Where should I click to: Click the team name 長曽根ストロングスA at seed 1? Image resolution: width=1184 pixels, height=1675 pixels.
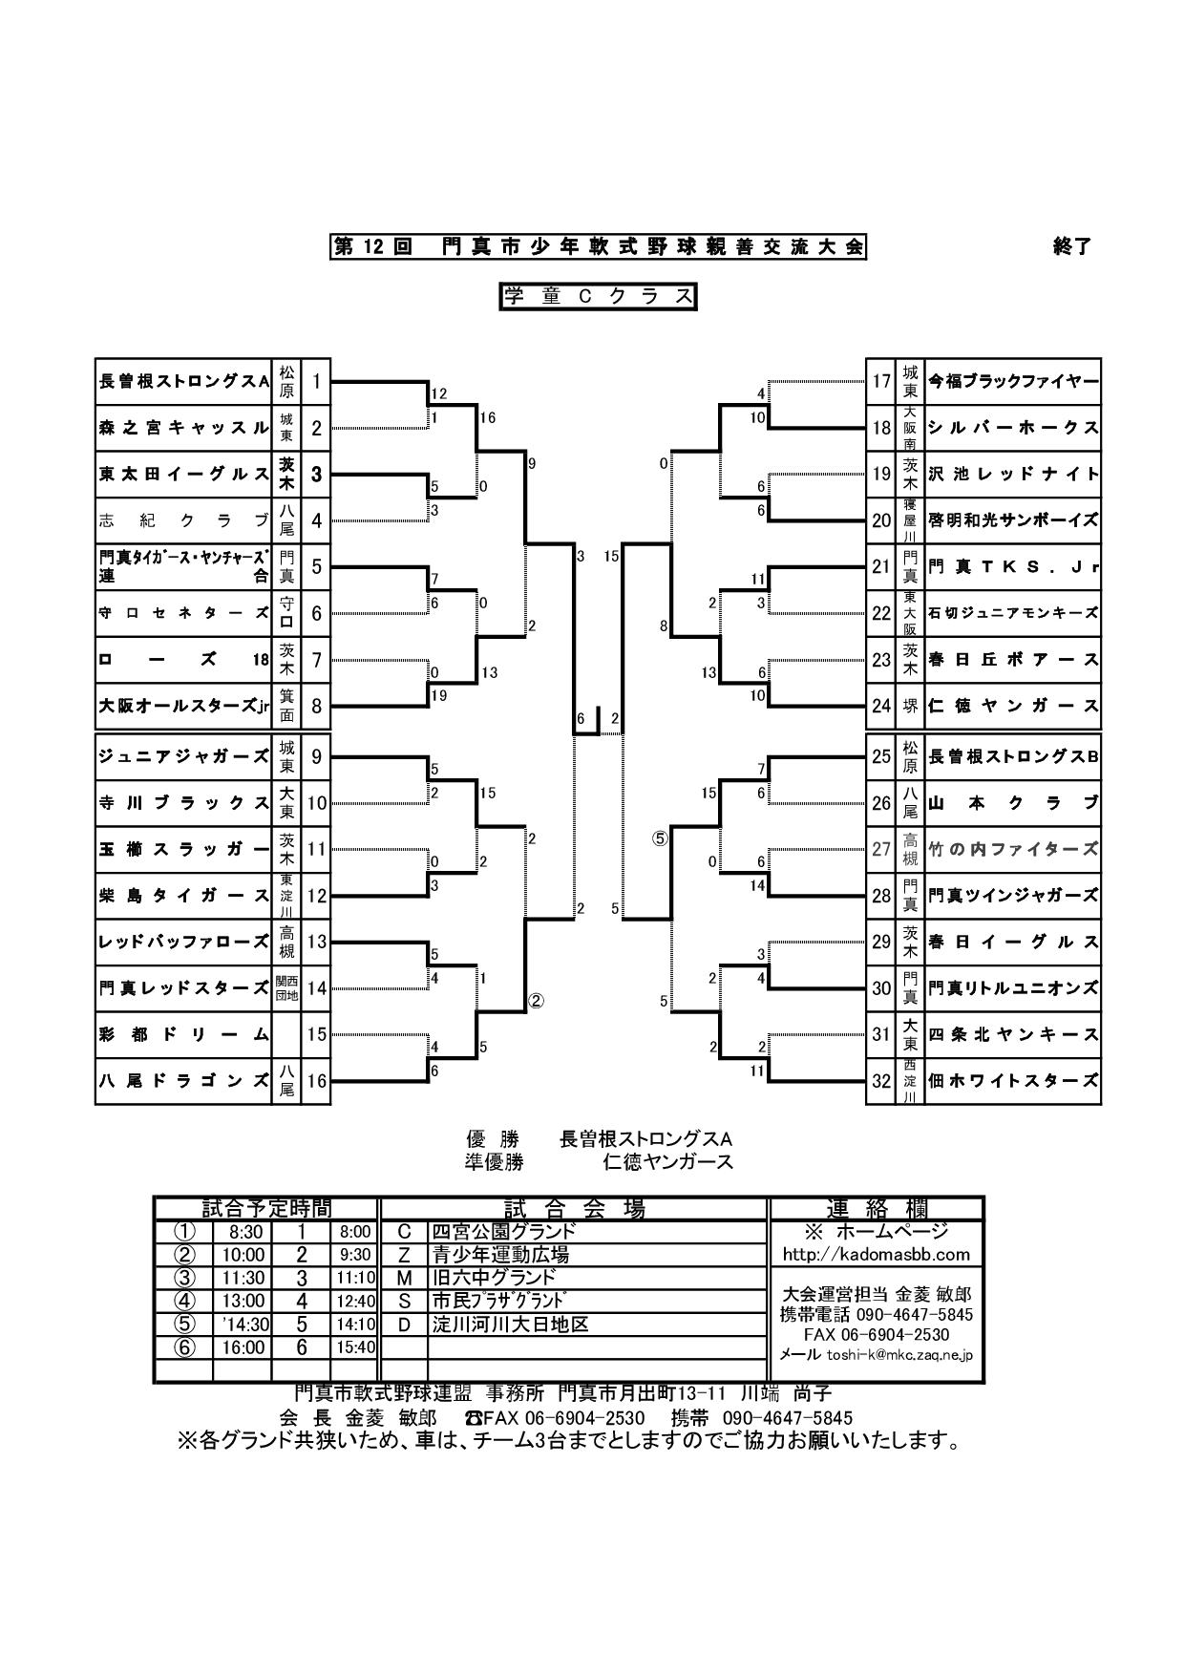click(184, 382)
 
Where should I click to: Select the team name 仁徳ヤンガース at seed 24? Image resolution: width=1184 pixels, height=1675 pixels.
click(1013, 707)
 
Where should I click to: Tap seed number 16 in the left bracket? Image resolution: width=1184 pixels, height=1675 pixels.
click(316, 1081)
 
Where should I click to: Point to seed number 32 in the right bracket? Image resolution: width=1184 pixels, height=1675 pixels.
click(880, 1081)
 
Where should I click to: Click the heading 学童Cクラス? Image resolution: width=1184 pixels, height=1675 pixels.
click(599, 297)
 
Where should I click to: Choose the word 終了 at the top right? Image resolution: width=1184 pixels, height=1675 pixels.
click(1070, 246)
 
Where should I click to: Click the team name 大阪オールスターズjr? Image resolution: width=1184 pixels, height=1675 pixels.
click(184, 708)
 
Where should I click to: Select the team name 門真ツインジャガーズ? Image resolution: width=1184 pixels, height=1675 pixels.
click(1013, 896)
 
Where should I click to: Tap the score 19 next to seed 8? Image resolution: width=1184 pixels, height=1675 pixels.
click(439, 696)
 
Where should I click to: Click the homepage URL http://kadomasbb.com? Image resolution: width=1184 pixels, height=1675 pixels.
click(876, 1254)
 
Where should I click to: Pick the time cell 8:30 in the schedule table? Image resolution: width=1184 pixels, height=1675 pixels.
click(245, 1232)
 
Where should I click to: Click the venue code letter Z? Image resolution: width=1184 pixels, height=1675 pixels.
click(404, 1255)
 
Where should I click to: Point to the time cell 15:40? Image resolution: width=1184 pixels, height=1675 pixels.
click(354, 1347)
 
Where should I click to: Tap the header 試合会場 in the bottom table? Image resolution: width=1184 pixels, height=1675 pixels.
click(574, 1209)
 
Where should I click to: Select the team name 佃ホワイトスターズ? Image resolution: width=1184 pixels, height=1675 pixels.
click(1013, 1081)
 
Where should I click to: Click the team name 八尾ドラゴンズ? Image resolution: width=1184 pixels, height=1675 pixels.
click(184, 1081)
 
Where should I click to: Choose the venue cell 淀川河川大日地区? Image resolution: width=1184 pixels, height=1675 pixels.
click(510, 1325)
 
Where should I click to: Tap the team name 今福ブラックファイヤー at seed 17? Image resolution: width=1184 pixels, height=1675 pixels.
click(1013, 382)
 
